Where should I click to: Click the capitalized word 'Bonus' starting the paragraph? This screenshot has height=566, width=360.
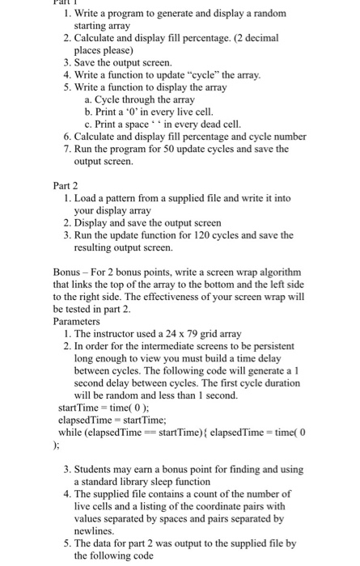(x=69, y=273)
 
